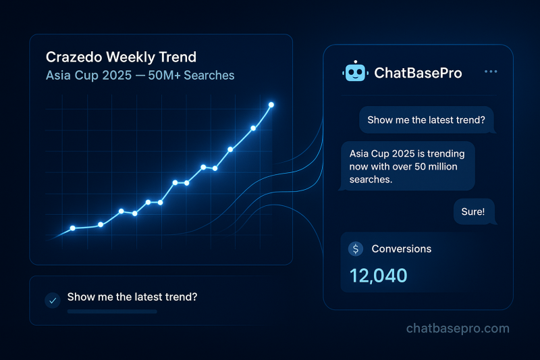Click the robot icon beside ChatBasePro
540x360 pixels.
354,72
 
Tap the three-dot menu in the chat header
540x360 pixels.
491,72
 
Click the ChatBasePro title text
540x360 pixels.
418,73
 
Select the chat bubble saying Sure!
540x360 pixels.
473,211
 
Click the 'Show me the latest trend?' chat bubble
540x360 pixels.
426,120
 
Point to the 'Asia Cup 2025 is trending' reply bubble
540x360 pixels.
408,166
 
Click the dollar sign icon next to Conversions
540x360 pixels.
355,249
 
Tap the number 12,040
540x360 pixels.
379,275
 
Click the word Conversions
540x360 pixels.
401,249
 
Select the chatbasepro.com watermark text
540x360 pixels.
458,329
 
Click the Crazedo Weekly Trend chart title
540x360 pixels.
121,57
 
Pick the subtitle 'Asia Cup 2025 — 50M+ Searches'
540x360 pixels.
140,75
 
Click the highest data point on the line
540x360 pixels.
271,105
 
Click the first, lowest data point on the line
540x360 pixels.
72,228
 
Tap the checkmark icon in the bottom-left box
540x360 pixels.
52,300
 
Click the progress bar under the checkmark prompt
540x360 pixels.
112,311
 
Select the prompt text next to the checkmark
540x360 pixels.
132,297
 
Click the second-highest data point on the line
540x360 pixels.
253,128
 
